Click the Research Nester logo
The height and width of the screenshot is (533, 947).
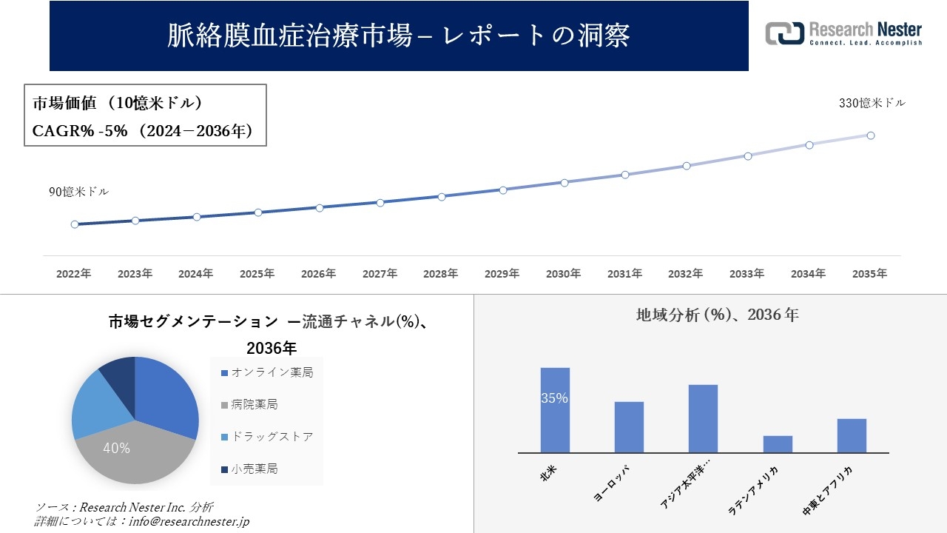point(843,33)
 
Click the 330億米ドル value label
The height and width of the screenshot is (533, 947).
point(872,104)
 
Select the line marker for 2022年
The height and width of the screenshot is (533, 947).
point(75,224)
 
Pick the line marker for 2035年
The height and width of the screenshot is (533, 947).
point(871,135)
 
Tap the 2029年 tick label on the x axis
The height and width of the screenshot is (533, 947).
point(502,274)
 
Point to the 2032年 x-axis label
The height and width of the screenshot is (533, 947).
point(685,274)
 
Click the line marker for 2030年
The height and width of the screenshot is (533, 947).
point(564,182)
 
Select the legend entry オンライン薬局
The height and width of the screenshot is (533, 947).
point(271,372)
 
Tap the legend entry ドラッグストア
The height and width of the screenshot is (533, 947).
point(271,437)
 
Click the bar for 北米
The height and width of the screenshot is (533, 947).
point(555,410)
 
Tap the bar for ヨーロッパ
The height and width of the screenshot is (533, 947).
point(629,427)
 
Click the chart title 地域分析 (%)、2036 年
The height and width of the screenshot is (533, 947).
point(717,315)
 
